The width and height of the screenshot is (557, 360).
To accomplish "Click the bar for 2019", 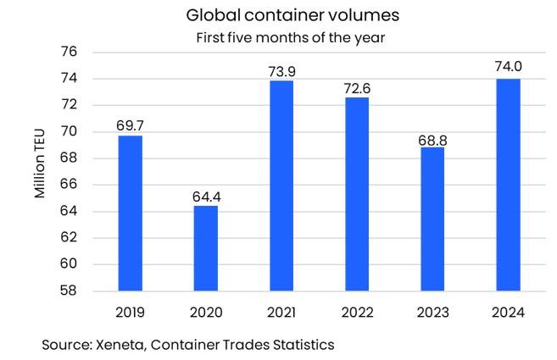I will tap(130, 213).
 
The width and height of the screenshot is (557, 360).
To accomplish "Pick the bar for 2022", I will tap(357, 194).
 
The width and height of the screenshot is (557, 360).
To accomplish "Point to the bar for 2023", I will tap(432, 219).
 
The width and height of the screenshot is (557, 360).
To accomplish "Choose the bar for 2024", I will tap(507, 185).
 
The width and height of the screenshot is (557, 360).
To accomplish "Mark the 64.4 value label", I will tap(205, 196).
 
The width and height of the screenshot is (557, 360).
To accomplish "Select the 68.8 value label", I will tap(432, 137).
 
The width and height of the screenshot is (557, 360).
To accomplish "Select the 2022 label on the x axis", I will tap(357, 313).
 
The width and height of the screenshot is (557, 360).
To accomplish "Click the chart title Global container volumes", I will tap(280, 16).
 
